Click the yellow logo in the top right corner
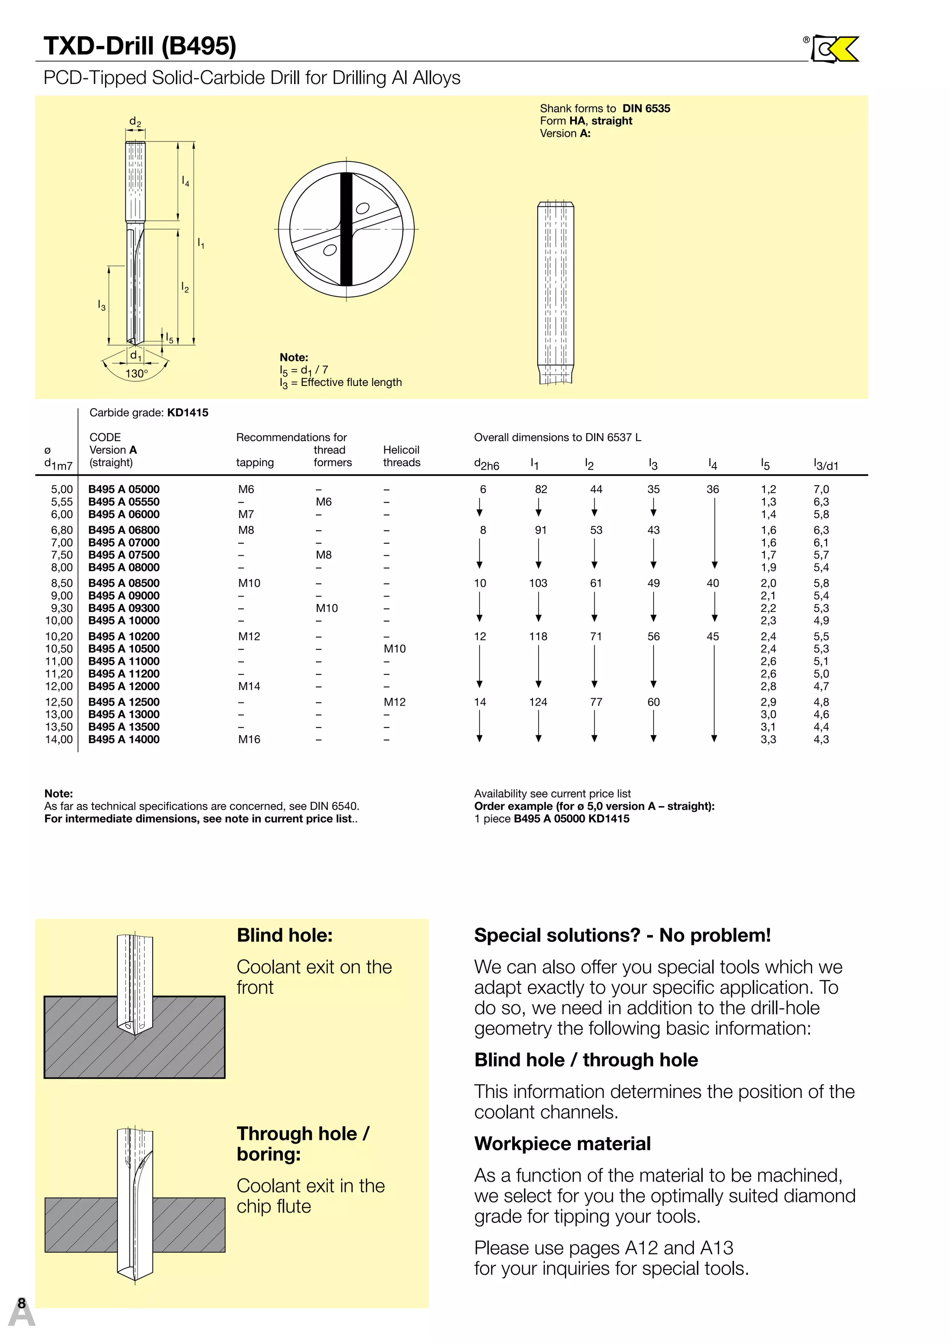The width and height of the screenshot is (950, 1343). pyautogui.click(x=836, y=49)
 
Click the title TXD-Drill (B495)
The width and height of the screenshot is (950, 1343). pyautogui.click(x=140, y=45)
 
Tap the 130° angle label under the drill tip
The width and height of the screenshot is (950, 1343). pyautogui.click(x=136, y=373)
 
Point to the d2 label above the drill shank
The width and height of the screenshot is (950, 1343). pyautogui.click(x=135, y=122)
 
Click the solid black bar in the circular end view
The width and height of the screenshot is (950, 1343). pyautogui.click(x=347, y=229)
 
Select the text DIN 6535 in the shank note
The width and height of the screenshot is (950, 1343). pyautogui.click(x=646, y=108)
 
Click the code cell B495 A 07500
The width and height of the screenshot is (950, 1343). pyautogui.click(x=123, y=554)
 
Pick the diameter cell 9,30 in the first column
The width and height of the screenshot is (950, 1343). pyautogui.click(x=61, y=608)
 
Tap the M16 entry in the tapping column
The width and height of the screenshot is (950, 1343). pyautogui.click(x=249, y=739)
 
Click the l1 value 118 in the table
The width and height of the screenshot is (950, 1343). pyautogui.click(x=538, y=636)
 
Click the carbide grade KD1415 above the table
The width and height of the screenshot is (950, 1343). pyautogui.click(x=187, y=412)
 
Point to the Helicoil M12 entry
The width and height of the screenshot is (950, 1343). pyautogui.click(x=394, y=702)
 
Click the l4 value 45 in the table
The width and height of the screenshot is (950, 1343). pyautogui.click(x=712, y=636)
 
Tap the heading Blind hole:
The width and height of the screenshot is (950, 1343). pyautogui.click(x=284, y=935)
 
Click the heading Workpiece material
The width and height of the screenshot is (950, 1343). pyautogui.click(x=562, y=1143)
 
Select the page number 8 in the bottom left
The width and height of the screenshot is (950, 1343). pyautogui.click(x=22, y=1303)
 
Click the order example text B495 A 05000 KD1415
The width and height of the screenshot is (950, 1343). pyautogui.click(x=571, y=818)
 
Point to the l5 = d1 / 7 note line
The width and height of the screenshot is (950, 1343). pyautogui.click(x=304, y=370)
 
